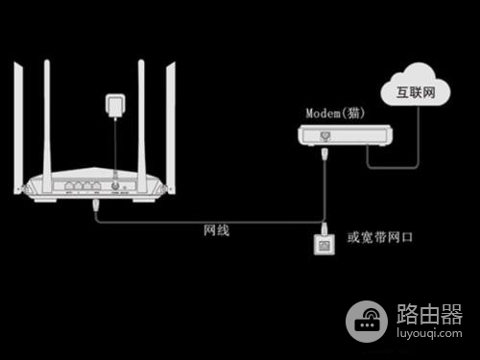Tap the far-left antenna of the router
click(20, 125)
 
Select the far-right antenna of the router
click(172, 125)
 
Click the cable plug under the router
click(96, 204)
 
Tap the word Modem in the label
click(324, 113)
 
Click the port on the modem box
click(324, 137)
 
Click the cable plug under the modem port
click(324, 155)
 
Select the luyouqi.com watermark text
click(429, 332)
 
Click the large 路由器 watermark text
click(429, 313)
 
